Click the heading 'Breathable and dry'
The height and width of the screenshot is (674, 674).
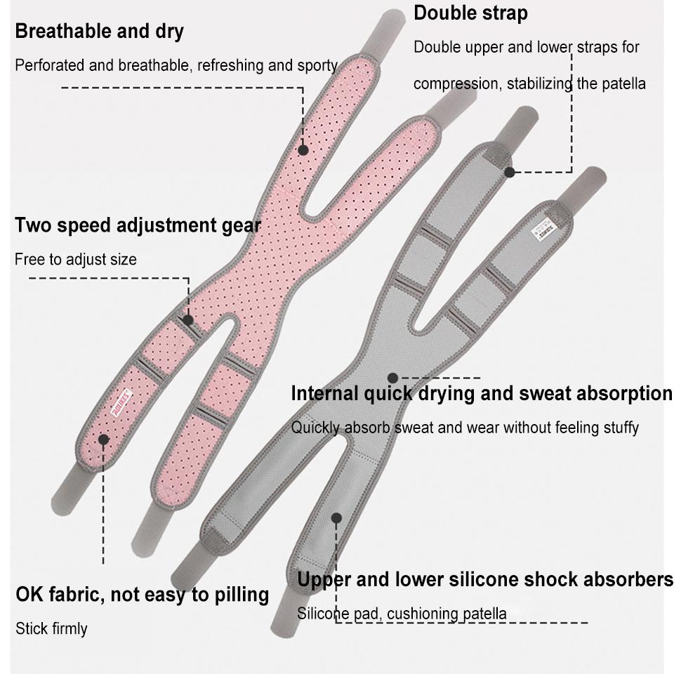(99, 32)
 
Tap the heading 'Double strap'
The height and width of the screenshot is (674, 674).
(470, 13)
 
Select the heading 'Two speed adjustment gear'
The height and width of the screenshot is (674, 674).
(138, 225)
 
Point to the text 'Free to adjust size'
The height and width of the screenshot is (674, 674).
(76, 260)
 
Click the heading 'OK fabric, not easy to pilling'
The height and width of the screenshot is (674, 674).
(143, 595)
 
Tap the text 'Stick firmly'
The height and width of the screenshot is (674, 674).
(51, 628)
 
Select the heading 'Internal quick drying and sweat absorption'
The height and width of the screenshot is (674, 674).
(482, 394)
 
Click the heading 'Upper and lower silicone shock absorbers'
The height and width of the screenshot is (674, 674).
(484, 580)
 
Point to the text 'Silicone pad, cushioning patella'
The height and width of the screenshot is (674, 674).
(402, 614)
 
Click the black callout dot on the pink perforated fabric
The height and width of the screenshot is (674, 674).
(303, 150)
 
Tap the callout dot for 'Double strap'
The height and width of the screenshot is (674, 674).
(510, 171)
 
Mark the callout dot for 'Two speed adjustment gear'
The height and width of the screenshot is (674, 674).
(188, 319)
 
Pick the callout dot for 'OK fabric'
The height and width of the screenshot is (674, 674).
(103, 440)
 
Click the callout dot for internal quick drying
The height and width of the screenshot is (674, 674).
(392, 378)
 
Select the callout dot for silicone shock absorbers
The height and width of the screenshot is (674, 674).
(336, 518)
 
